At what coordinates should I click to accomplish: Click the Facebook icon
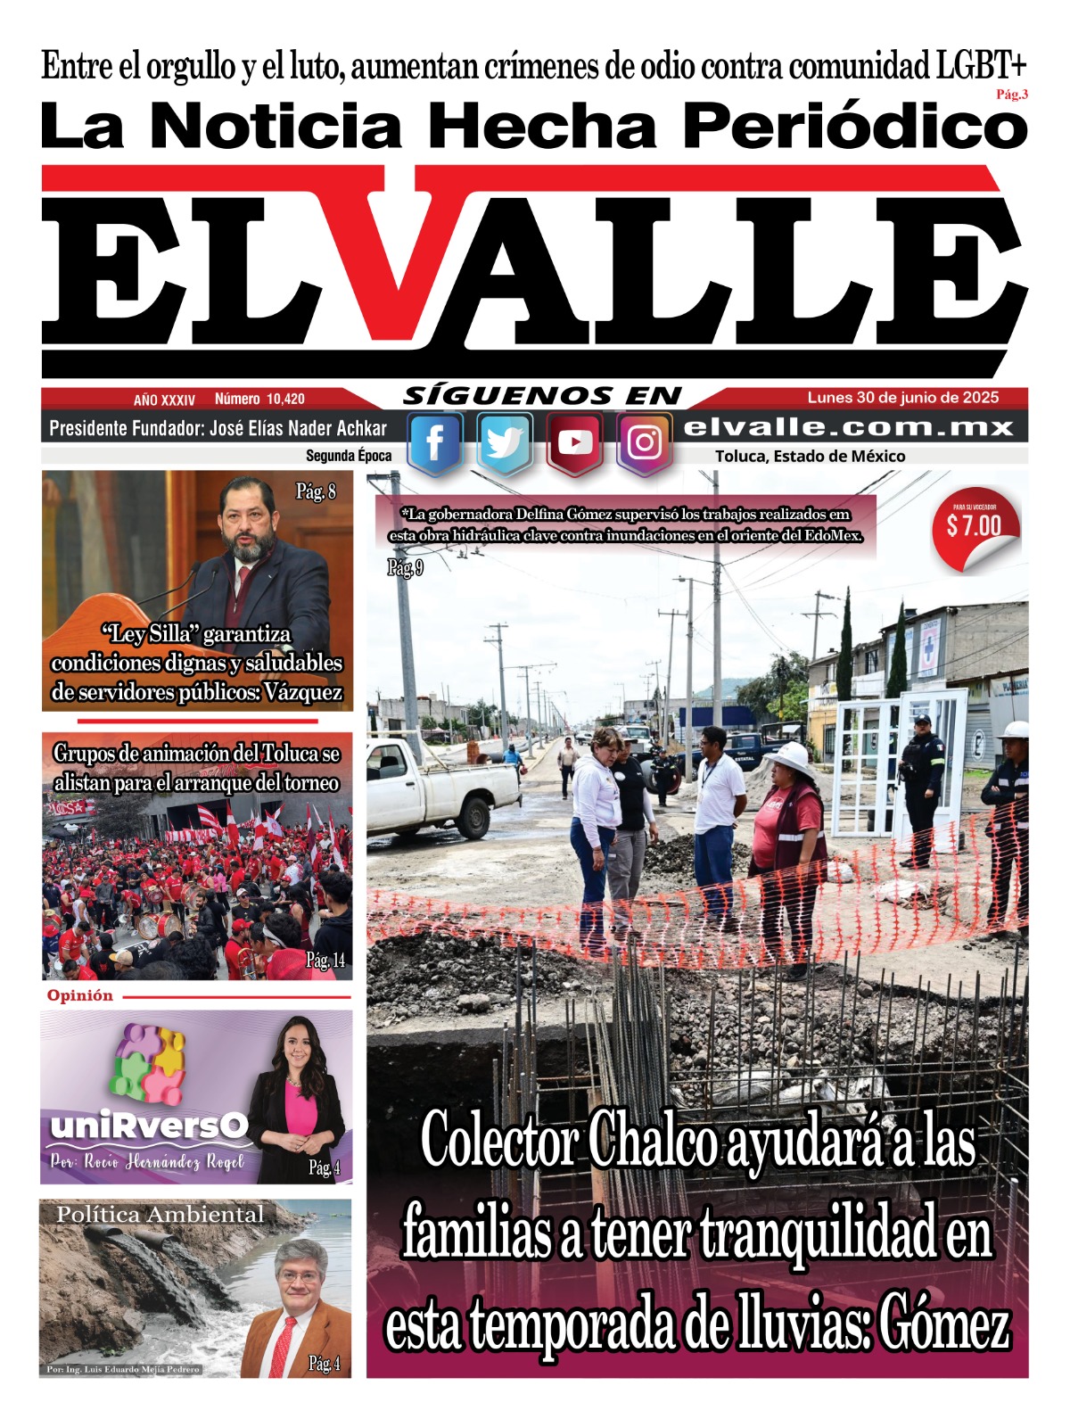[435, 443]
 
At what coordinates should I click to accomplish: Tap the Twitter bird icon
[505, 443]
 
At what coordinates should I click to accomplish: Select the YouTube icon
[575, 443]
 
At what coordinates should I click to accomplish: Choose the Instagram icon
[644, 443]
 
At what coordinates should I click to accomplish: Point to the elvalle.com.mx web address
[848, 428]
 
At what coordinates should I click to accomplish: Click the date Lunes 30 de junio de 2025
[902, 398]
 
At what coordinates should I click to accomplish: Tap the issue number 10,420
[284, 400]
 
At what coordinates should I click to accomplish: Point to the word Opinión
[80, 995]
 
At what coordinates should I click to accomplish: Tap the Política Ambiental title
[160, 1214]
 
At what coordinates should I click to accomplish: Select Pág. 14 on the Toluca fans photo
[325, 960]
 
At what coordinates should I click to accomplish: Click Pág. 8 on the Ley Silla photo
[316, 491]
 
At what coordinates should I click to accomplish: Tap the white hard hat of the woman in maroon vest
[790, 757]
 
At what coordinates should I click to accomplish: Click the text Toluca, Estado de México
[810, 457]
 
